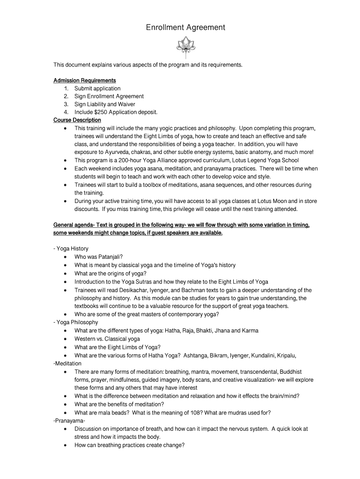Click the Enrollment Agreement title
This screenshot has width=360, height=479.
point(185,28)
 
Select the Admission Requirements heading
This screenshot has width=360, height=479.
point(85,80)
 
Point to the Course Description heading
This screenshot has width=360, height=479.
point(77,120)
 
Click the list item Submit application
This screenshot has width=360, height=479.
point(97,88)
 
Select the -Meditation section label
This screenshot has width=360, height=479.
point(67,363)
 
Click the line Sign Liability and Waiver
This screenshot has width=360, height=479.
point(105,104)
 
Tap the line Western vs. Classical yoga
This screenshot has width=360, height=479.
point(107,339)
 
